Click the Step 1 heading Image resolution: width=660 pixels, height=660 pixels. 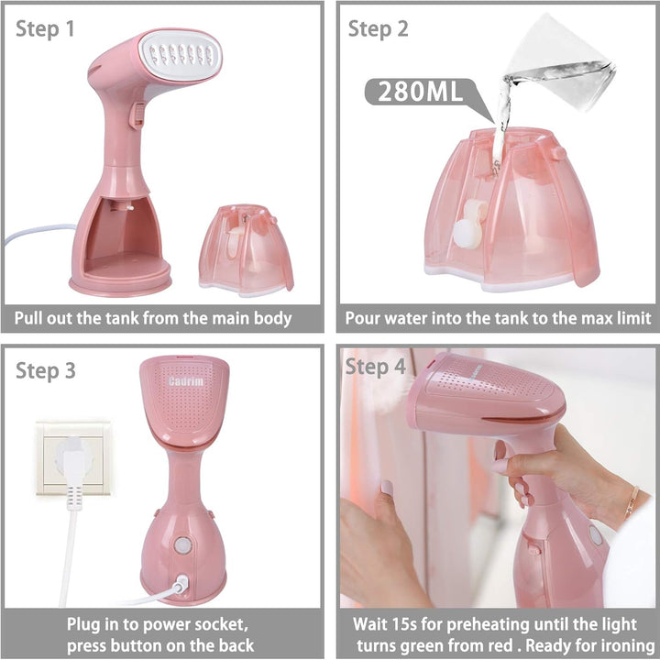[x=45, y=29]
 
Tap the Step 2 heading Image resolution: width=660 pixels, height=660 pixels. [x=378, y=29]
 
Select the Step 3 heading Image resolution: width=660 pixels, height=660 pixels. [x=46, y=371]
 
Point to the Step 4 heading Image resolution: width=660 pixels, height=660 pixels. [x=376, y=367]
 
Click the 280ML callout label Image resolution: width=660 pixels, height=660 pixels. [x=420, y=92]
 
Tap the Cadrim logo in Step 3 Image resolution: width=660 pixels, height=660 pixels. [x=185, y=381]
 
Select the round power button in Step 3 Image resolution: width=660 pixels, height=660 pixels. [x=182, y=545]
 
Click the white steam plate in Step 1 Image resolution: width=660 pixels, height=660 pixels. [x=181, y=55]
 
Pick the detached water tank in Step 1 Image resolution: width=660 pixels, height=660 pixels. [x=246, y=250]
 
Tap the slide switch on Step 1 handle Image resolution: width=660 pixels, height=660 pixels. [x=137, y=115]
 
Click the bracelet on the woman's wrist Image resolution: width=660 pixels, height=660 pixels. [x=632, y=501]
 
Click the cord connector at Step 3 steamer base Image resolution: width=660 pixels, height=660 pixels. [x=181, y=583]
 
